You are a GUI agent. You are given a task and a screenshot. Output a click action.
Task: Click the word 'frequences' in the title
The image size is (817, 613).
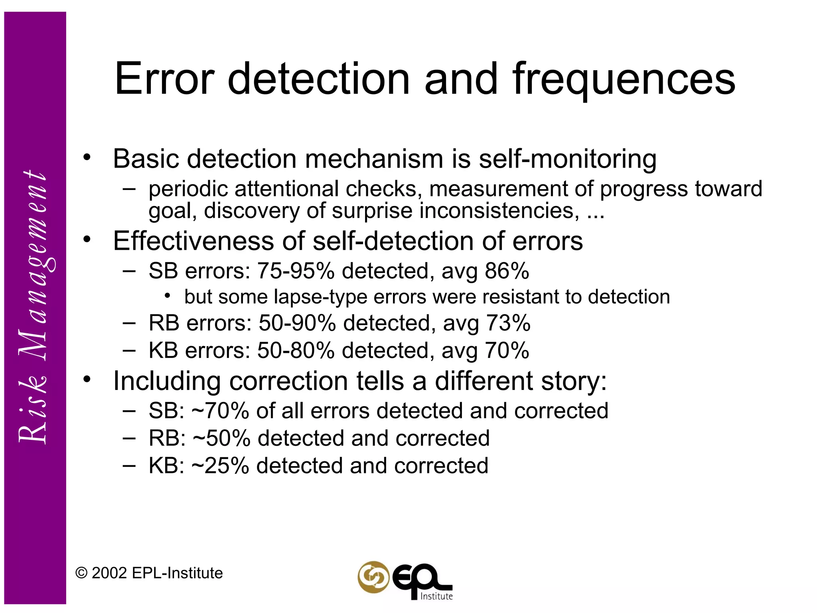coord(624,80)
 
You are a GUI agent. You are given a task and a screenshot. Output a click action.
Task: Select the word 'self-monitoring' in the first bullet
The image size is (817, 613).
coord(567,159)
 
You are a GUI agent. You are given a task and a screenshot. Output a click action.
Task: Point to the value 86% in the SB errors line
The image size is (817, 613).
coord(507,271)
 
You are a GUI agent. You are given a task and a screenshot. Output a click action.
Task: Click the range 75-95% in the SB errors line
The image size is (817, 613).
coord(296,271)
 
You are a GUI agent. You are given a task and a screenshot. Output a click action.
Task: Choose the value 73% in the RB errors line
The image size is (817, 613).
coord(508,323)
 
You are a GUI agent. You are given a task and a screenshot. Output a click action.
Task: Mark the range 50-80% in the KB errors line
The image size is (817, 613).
coord(296,351)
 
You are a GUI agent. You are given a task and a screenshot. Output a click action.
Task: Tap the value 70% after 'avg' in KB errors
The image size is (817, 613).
coord(507,351)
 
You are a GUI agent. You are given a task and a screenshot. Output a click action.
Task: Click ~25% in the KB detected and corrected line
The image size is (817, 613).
coord(220,466)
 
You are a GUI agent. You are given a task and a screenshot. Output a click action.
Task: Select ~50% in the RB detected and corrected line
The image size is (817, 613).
coord(221,438)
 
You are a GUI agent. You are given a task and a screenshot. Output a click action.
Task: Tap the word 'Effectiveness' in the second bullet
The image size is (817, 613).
coord(193,241)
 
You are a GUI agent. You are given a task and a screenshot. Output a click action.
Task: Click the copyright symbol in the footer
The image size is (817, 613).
coord(81,573)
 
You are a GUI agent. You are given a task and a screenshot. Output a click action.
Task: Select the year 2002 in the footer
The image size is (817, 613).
coord(109,573)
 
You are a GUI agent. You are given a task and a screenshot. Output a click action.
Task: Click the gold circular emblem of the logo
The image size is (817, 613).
coord(373,577)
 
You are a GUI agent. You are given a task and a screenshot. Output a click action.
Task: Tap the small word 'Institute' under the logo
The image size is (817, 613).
coord(436,596)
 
